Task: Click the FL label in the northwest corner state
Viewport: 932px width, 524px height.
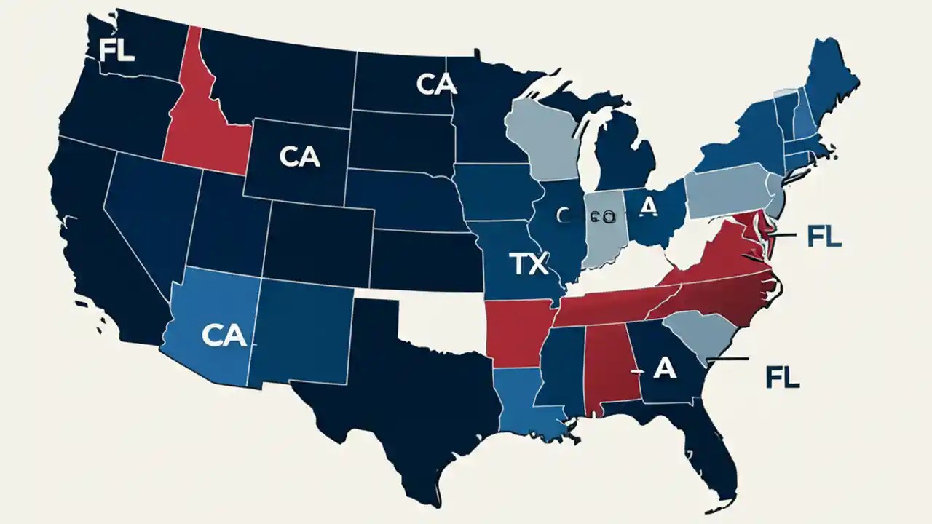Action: [116, 52]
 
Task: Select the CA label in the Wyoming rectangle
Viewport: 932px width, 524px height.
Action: [299, 159]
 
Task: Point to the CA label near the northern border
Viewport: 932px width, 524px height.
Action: [436, 84]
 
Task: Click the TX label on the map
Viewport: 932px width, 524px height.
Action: [528, 265]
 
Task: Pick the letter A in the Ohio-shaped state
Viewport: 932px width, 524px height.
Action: [648, 207]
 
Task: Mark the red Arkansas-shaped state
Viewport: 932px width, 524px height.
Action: [513, 331]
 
